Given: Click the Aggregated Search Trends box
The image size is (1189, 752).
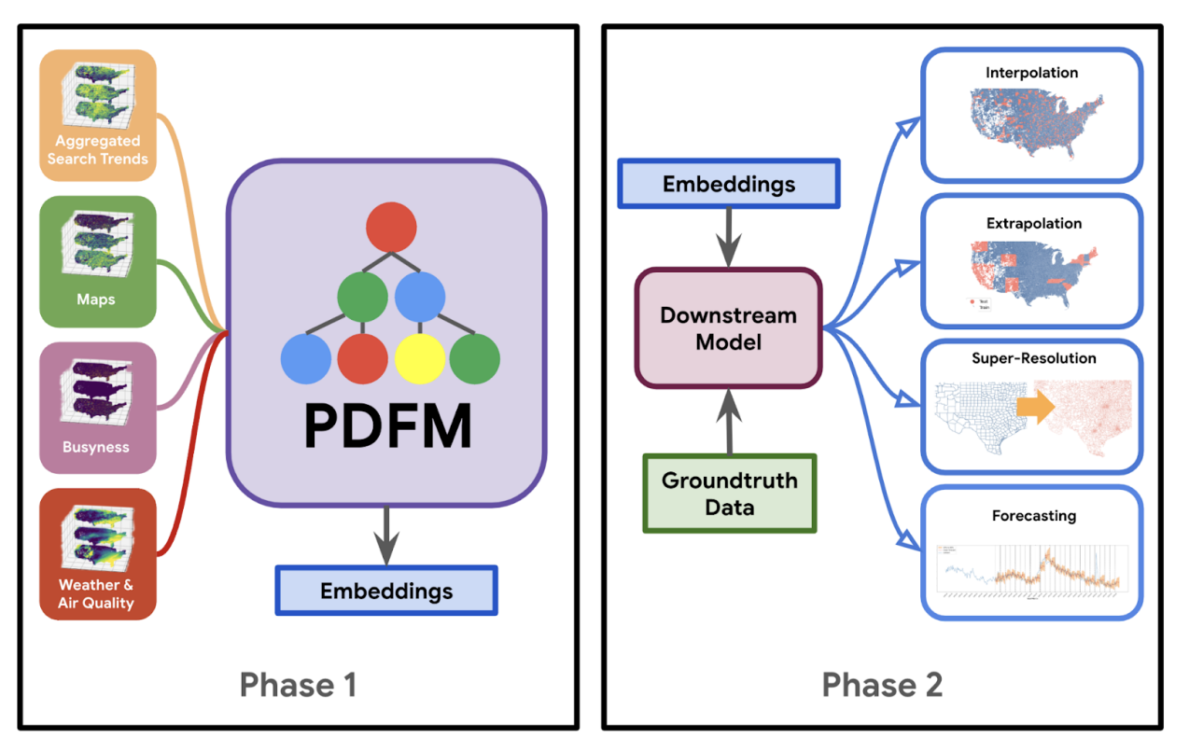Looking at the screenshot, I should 97,116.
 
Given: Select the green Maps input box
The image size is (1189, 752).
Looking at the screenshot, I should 97,261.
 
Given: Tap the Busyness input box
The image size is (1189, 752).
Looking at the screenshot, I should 97,408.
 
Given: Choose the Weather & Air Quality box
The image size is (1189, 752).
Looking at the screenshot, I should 97,554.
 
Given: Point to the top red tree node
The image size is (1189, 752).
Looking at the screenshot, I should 390,228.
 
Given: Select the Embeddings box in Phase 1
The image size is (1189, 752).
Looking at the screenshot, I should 386,591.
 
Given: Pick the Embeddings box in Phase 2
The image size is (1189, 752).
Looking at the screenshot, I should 729,184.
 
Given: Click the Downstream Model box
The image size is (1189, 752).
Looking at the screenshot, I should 728,328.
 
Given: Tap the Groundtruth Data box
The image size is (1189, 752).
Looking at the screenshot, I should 729,494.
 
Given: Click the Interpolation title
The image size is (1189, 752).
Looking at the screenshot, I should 1031,73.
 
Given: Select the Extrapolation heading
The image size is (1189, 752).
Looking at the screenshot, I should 1033,224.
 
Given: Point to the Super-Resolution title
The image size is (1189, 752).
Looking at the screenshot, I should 1033,358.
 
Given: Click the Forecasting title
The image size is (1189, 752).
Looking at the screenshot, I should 1033,515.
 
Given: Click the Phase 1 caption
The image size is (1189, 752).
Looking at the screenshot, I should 298,685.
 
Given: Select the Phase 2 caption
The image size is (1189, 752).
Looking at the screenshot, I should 882,685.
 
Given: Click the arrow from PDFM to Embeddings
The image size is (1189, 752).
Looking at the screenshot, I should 386,536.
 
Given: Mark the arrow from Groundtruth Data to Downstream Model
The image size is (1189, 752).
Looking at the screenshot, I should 729,421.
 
